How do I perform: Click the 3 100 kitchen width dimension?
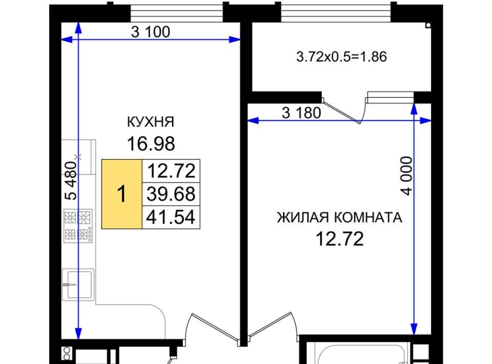[151, 32]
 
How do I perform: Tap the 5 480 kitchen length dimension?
[71, 181]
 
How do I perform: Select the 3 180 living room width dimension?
[301, 113]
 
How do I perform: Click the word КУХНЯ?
[151, 122]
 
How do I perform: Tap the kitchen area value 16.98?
[151, 144]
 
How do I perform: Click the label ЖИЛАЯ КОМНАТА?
[339, 217]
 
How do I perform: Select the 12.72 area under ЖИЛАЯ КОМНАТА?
[339, 239]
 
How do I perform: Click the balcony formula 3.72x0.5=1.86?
[341, 57]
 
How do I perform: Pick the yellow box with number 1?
[122, 194]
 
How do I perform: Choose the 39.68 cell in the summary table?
[171, 194]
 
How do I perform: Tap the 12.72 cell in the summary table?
[171, 171]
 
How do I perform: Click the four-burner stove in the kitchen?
[78, 226]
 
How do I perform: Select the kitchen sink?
[78, 285]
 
